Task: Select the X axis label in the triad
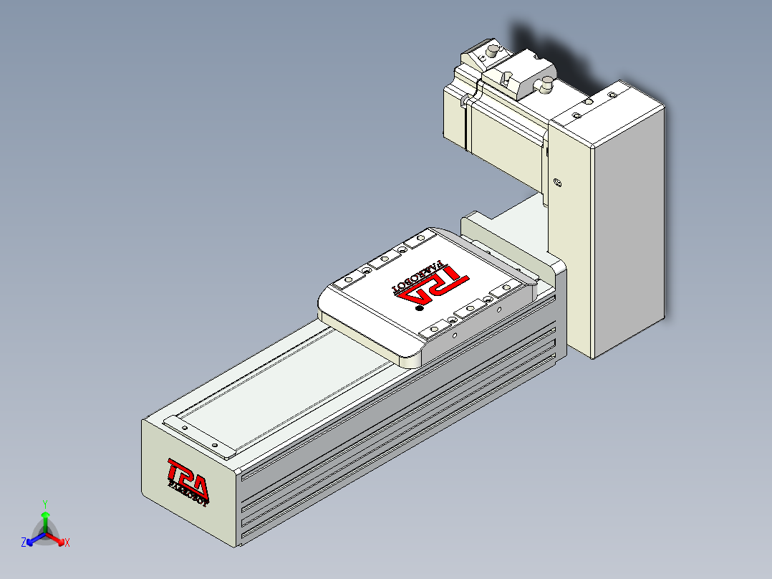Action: point(67,543)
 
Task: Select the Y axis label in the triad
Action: point(44,504)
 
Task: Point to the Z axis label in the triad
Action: point(24,543)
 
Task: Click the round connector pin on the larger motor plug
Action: point(547,85)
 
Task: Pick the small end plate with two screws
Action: point(200,436)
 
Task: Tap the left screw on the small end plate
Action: point(185,428)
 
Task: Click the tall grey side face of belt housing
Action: point(629,229)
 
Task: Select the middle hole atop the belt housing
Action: point(587,103)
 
